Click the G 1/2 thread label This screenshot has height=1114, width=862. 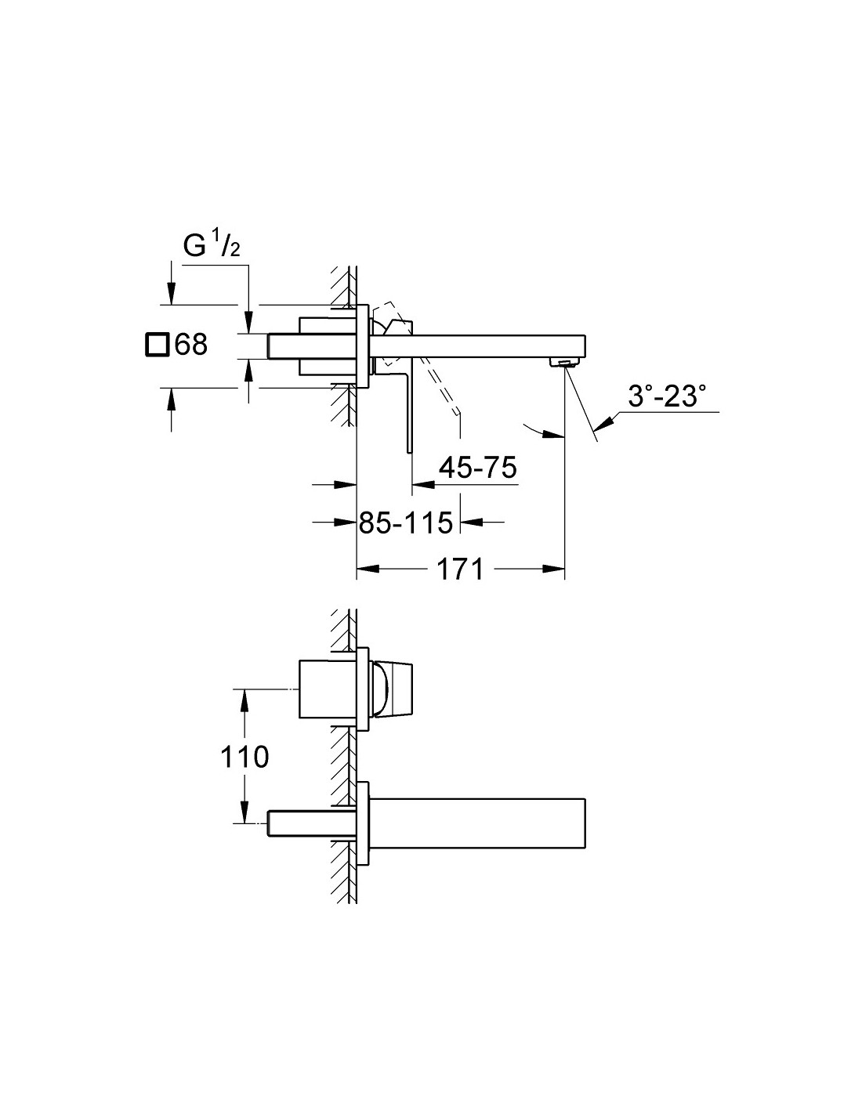click(x=212, y=246)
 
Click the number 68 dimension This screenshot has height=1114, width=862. click(x=191, y=344)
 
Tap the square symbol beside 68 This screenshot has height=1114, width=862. click(x=157, y=344)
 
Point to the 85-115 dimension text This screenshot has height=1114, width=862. click(x=406, y=523)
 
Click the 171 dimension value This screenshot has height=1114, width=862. click(x=460, y=570)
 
